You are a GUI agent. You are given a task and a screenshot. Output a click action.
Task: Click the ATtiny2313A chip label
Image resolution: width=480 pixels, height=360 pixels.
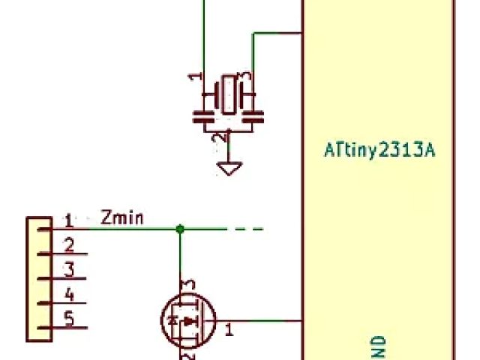click(379, 151)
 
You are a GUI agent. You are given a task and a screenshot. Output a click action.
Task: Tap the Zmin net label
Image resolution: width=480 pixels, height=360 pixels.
click(122, 219)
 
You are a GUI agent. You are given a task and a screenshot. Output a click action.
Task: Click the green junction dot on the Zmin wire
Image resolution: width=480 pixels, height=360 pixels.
click(180, 228)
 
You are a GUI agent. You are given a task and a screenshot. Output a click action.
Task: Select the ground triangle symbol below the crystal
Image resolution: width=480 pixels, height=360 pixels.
click(229, 168)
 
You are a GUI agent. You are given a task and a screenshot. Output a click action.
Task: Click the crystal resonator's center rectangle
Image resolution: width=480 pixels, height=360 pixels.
click(227, 94)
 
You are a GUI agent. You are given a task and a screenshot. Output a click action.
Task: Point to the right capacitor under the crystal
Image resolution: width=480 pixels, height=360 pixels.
click(253, 116)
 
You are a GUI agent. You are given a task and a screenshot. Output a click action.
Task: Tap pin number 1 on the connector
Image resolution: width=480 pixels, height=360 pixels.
click(68, 220)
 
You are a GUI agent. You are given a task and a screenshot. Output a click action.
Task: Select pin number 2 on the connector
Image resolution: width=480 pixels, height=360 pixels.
click(68, 244)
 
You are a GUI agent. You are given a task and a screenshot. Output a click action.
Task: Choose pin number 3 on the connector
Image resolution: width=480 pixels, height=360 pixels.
click(68, 269)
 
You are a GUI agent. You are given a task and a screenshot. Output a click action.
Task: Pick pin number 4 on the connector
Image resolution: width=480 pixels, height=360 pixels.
click(68, 294)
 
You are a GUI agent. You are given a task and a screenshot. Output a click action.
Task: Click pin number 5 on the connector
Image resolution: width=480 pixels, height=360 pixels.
click(68, 319)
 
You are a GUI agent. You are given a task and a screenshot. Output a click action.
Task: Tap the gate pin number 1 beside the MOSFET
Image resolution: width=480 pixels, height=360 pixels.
click(229, 328)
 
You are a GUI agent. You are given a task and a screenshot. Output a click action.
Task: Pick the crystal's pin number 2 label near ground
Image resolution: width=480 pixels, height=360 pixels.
click(218, 138)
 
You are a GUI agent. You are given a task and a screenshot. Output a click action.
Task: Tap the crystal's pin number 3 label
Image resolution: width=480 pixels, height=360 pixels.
click(244, 77)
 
